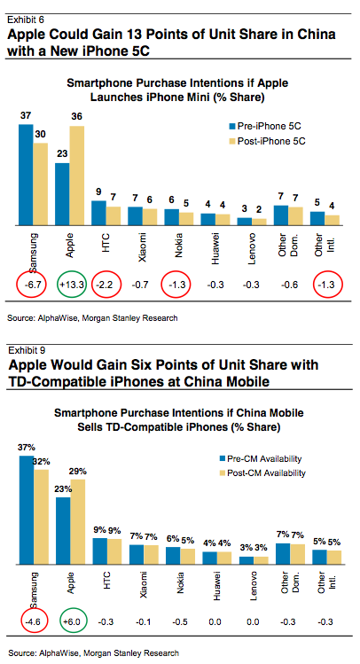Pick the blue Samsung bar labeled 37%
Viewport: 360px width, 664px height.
(27, 510)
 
